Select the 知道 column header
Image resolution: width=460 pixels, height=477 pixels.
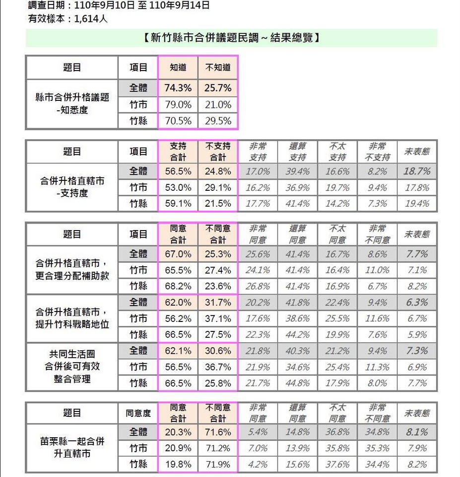click(x=178, y=67)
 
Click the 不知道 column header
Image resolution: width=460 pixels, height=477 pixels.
click(x=218, y=67)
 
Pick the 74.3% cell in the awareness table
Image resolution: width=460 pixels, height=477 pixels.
click(x=178, y=88)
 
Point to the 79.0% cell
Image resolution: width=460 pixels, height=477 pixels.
click(x=178, y=104)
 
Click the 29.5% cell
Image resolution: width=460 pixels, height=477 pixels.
click(x=218, y=121)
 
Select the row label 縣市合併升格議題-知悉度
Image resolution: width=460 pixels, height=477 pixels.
click(x=72, y=104)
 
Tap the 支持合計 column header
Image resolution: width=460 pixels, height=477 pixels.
click(x=178, y=152)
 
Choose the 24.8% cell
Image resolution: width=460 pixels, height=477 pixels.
click(x=218, y=171)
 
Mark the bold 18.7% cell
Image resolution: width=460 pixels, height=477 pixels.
click(x=417, y=171)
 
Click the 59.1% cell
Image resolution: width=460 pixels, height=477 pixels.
click(x=178, y=204)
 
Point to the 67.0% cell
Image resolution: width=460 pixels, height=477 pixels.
click(x=178, y=254)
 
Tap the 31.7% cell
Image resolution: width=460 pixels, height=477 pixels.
click(x=218, y=303)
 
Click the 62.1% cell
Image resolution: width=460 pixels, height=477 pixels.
click(x=178, y=351)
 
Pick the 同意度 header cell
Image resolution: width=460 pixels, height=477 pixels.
click(x=138, y=413)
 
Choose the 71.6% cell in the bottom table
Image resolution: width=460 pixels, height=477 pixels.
click(x=218, y=432)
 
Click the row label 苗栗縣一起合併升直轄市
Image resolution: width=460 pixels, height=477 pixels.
click(x=72, y=447)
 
